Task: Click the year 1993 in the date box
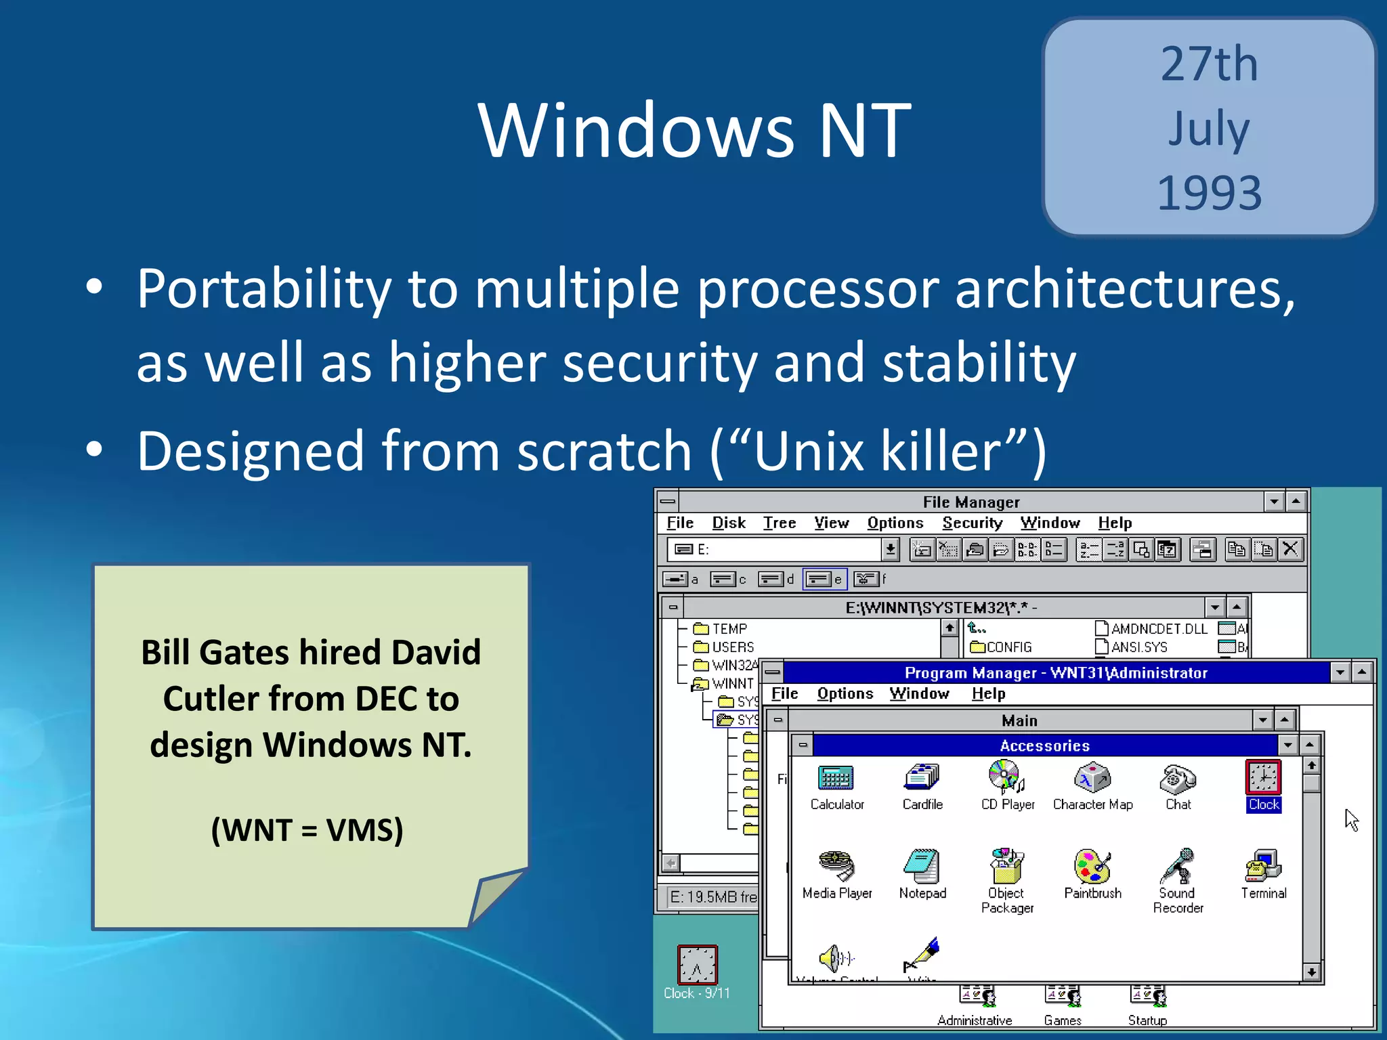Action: click(1210, 193)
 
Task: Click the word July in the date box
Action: click(1209, 129)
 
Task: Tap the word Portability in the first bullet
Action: click(263, 289)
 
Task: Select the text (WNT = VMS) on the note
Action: click(307, 830)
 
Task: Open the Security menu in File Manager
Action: click(972, 523)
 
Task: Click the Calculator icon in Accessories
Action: click(836, 779)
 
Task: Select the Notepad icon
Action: click(922, 867)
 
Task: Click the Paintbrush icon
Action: click(1092, 867)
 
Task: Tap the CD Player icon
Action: click(1006, 777)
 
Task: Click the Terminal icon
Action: click(1263, 867)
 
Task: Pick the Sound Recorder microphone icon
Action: click(1178, 867)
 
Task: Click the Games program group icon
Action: click(1063, 997)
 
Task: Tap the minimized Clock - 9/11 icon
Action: click(697, 964)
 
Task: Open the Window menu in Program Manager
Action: click(919, 693)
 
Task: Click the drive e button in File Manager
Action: click(824, 579)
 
